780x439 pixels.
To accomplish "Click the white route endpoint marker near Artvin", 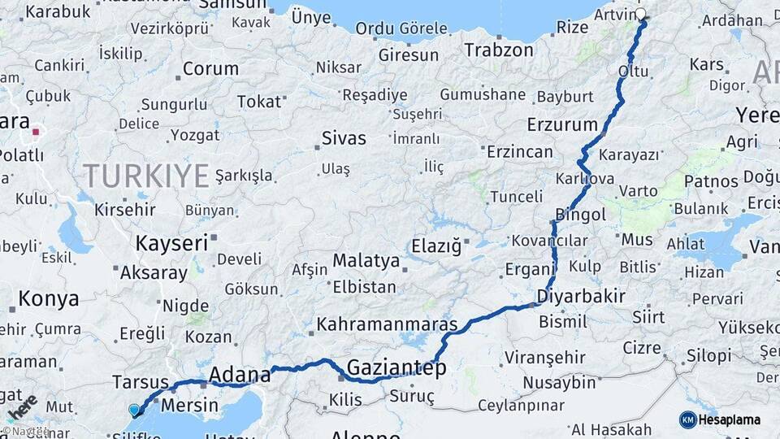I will pyautogui.click(x=641, y=14).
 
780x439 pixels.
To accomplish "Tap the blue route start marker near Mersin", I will pyautogui.click(x=134, y=411).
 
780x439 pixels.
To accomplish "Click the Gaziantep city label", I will pyautogui.click(x=396, y=368).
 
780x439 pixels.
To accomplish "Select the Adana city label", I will pyautogui.click(x=240, y=375).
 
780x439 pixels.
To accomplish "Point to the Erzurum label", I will pyautogui.click(x=561, y=124).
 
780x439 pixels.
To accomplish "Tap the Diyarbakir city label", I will pyautogui.click(x=581, y=296).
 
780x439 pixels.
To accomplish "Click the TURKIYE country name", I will pyautogui.click(x=146, y=175).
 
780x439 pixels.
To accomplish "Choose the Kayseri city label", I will pyautogui.click(x=171, y=242).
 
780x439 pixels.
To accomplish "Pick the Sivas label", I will pyautogui.click(x=344, y=137).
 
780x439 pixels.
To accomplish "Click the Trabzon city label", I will pyautogui.click(x=499, y=50).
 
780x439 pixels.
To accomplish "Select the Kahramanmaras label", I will pyautogui.click(x=387, y=324).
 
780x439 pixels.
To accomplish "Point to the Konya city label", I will pyautogui.click(x=49, y=298).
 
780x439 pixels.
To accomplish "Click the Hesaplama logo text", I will pyautogui.click(x=729, y=419).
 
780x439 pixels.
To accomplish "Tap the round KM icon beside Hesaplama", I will pyautogui.click(x=688, y=419).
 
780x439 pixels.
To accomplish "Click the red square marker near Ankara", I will pyautogui.click(x=36, y=130).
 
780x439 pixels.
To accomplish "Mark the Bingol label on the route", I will pyautogui.click(x=580, y=215).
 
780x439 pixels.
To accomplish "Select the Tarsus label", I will pyautogui.click(x=140, y=382).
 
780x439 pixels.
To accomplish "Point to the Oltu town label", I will pyautogui.click(x=633, y=72).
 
